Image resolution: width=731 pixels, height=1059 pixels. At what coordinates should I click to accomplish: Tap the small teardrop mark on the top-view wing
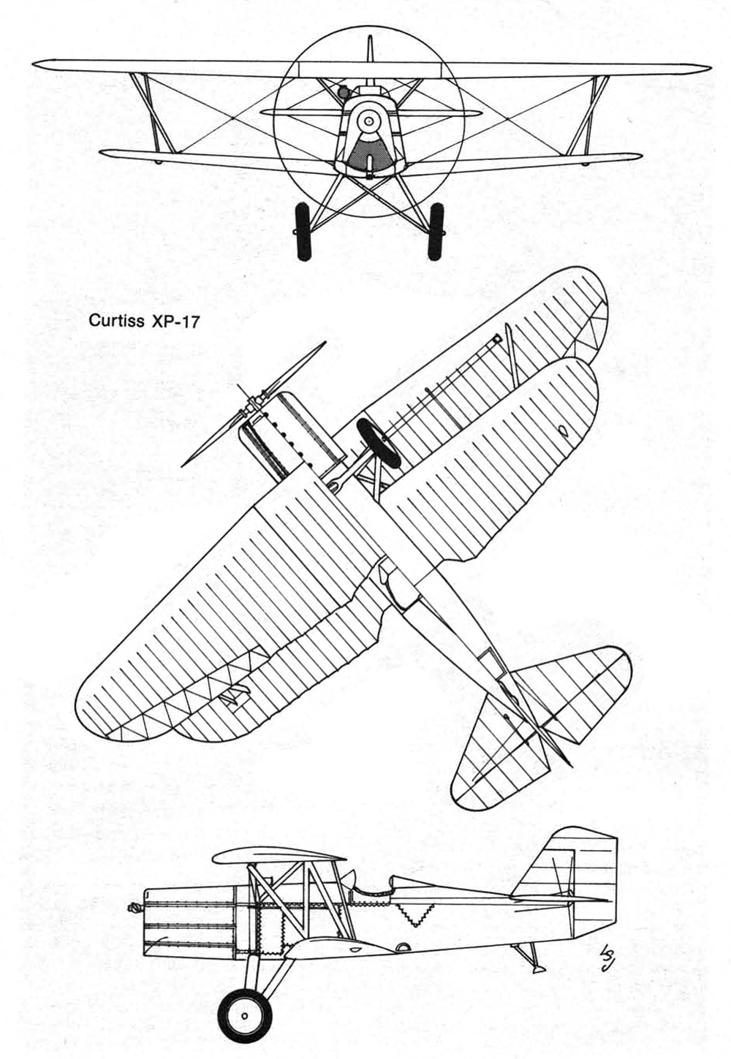(x=563, y=431)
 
